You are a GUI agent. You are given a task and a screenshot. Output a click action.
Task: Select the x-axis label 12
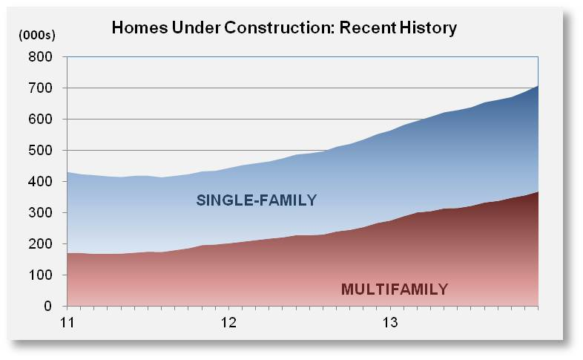[x=228, y=323]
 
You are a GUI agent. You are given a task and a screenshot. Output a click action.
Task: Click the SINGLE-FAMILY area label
[x=256, y=200]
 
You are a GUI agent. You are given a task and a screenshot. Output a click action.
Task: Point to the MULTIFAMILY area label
[x=395, y=289]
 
